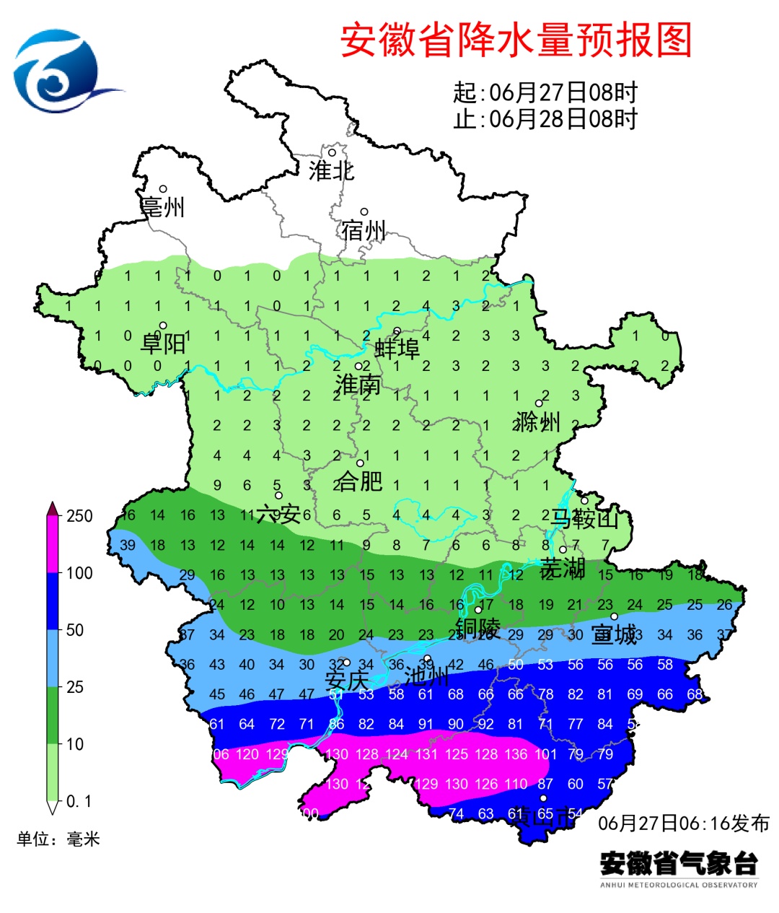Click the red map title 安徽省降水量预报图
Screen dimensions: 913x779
pyautogui.click(x=516, y=40)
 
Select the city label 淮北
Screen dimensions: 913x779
pyautogui.click(x=331, y=171)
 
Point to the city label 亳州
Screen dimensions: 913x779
pyautogui.click(x=162, y=208)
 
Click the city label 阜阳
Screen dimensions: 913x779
pyautogui.click(x=163, y=343)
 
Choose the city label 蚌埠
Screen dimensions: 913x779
pyautogui.click(x=397, y=349)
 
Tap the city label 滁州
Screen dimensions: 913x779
pyautogui.click(x=538, y=421)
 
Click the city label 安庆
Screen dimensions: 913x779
pyautogui.click(x=347, y=680)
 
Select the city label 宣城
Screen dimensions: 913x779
pyautogui.click(x=615, y=634)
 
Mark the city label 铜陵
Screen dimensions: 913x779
pyautogui.click(x=477, y=628)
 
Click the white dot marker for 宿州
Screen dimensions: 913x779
pyautogui.click(x=364, y=212)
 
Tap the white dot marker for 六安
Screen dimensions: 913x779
pyautogui.click(x=278, y=495)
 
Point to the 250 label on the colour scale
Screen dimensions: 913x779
pyautogui.click(x=79, y=516)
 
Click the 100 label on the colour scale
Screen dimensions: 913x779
pyautogui.click(x=79, y=573)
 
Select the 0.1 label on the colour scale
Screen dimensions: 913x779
pyautogui.click(x=79, y=801)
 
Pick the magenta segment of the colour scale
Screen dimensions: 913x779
pyautogui.click(x=53, y=545)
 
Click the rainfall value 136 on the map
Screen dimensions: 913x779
pyautogui.click(x=516, y=754)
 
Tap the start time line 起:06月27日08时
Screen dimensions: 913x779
pyautogui.click(x=545, y=92)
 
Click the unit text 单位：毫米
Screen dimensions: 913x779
pyautogui.click(x=58, y=839)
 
